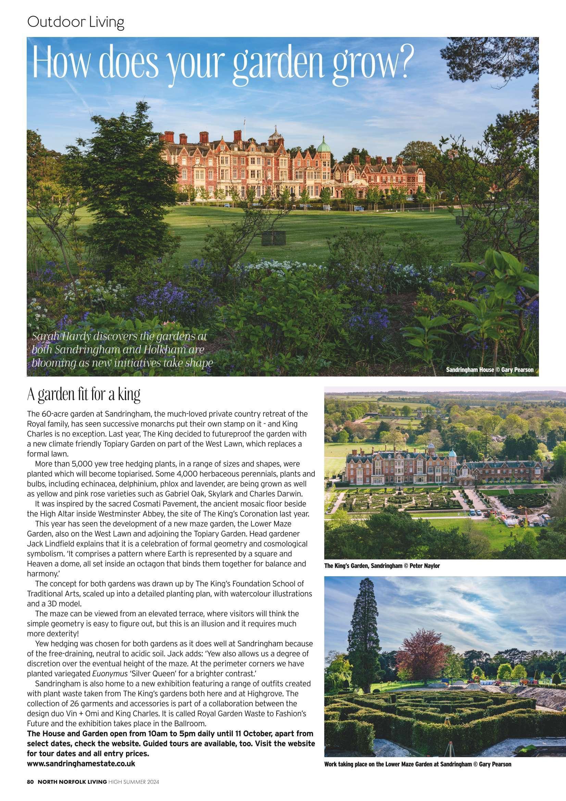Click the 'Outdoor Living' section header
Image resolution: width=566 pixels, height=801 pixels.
[75, 23]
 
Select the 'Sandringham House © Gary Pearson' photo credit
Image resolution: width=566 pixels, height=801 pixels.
[490, 370]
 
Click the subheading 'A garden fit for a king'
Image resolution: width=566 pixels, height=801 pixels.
[84, 394]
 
